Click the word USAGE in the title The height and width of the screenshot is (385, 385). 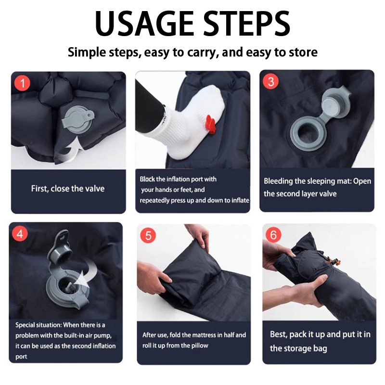pyautogui.click(x=144, y=24)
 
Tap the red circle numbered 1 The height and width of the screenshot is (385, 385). pyautogui.click(x=22, y=83)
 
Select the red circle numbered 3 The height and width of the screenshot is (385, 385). pyautogui.click(x=270, y=81)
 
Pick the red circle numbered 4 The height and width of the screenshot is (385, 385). pyautogui.click(x=20, y=233)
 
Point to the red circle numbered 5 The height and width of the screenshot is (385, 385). pyautogui.click(x=148, y=235)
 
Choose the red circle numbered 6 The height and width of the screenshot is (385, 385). pyautogui.click(x=273, y=235)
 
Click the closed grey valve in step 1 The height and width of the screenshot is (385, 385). pyautogui.click(x=78, y=119)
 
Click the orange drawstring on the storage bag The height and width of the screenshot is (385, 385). pyautogui.click(x=334, y=262)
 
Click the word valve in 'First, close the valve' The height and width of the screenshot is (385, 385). pyautogui.click(x=94, y=189)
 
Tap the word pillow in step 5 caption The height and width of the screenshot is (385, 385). pyautogui.click(x=199, y=346)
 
